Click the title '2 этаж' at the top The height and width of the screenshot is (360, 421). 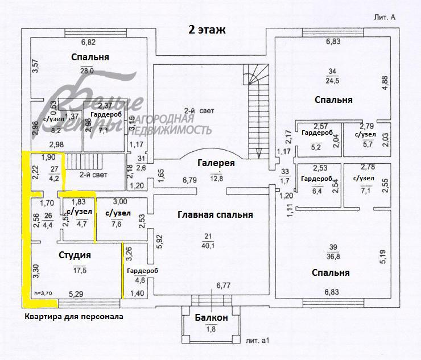coord(207,30)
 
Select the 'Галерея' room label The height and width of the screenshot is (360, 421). coord(216,163)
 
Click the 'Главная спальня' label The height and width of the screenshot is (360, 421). coord(215,214)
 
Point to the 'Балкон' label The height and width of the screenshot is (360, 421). coord(210,317)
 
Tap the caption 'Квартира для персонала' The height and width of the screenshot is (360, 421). coord(73,316)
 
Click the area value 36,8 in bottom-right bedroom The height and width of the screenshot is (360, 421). coord(333,256)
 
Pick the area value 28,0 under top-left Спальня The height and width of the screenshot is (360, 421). coord(87,71)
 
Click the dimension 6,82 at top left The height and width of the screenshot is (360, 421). coord(88,42)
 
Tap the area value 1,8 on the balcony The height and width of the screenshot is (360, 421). coord(210,329)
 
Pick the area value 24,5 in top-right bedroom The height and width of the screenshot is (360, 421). coord(333,80)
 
